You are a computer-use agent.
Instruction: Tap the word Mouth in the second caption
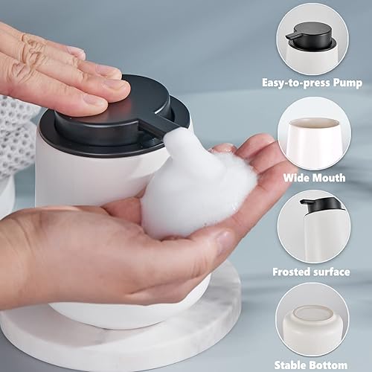[330, 178]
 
